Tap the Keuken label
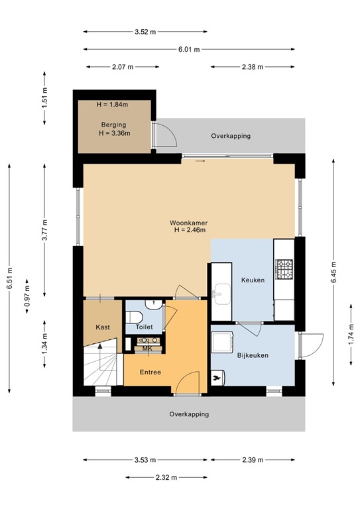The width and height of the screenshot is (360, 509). (253, 280)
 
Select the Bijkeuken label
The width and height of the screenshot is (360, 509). (253, 356)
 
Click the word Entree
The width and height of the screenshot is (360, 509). (150, 372)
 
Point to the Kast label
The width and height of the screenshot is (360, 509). (102, 327)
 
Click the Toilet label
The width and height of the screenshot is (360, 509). (144, 327)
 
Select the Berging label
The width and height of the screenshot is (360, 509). (113, 125)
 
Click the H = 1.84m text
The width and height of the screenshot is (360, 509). (113, 105)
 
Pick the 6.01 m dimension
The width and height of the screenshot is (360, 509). (189, 49)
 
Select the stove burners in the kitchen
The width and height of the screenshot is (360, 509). (284, 269)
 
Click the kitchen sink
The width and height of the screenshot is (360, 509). (221, 291)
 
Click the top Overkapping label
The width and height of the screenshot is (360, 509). (231, 136)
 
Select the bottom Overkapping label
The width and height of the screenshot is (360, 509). (189, 414)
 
